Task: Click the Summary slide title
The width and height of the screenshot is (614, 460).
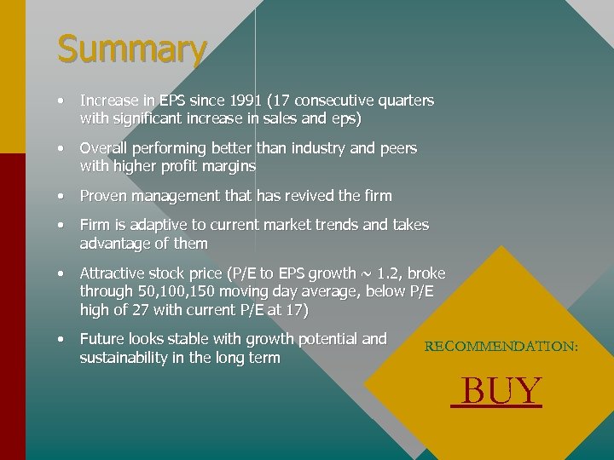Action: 131,49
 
